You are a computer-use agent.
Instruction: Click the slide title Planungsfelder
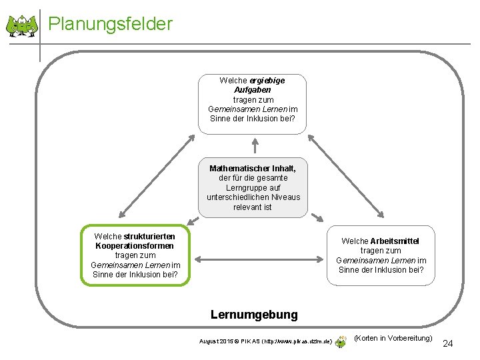click(x=111, y=24)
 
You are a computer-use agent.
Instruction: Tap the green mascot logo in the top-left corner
click(x=22, y=26)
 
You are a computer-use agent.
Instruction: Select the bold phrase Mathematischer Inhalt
click(x=253, y=169)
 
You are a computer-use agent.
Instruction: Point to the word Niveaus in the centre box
click(x=286, y=197)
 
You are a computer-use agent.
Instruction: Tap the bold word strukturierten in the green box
click(x=150, y=236)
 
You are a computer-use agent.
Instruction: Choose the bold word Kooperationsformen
click(x=134, y=246)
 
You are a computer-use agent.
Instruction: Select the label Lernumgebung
click(x=254, y=314)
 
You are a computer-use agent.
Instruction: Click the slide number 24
click(x=447, y=343)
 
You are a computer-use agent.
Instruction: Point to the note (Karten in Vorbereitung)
click(x=393, y=338)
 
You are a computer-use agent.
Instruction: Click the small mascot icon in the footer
click(x=341, y=341)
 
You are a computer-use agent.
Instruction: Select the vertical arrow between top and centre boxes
click(x=254, y=146)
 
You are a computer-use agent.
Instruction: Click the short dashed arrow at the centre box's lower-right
click(x=317, y=218)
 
